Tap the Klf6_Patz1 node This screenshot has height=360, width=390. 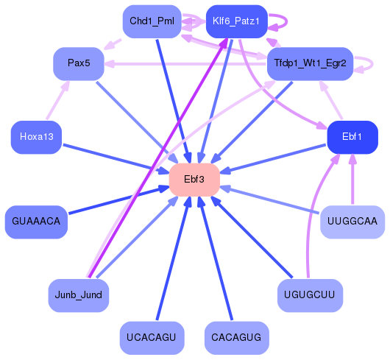pos(235,21)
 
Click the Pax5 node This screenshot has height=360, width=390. pos(79,63)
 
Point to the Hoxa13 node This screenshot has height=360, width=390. pos(36,137)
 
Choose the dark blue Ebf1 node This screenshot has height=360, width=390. pos(352,137)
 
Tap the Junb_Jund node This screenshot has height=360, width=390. pos(79,295)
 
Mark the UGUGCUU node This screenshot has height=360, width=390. pos(310,295)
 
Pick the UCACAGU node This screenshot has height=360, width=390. pos(151,338)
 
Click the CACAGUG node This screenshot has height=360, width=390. pos(235,338)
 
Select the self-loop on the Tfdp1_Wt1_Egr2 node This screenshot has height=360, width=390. pos(365,64)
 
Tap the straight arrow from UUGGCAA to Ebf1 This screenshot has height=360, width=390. pos(352,180)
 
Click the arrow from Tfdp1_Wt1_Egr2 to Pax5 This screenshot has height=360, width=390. pos(184,64)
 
